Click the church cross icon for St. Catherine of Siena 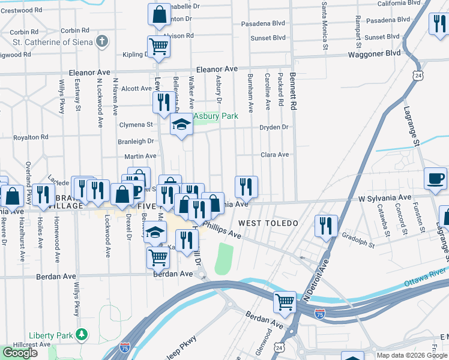tap(103, 41)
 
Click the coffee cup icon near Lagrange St tap(435, 178)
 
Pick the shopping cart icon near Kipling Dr tap(158, 46)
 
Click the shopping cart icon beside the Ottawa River tap(285, 302)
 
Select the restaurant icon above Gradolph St tap(325, 226)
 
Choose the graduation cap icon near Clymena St tap(181, 124)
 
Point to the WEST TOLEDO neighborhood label tap(268, 223)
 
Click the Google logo tap(20, 352)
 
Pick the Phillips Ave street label tap(221, 231)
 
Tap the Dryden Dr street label tap(274, 127)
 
